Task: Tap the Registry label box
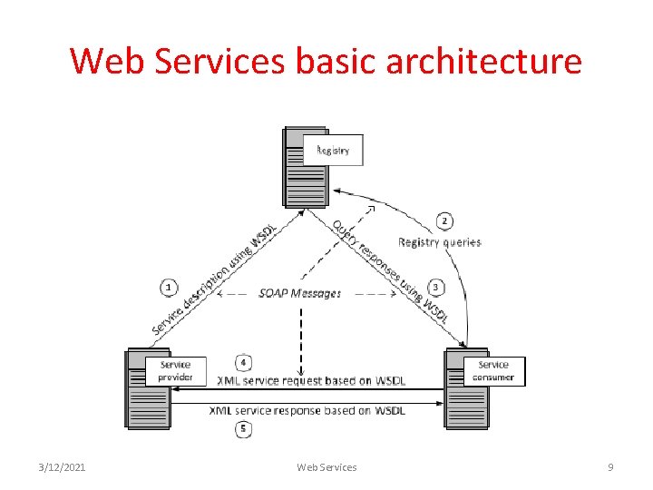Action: tap(333, 150)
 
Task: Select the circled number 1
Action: tap(169, 288)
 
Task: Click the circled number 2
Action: tap(444, 220)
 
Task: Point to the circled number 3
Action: tap(436, 288)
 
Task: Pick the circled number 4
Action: tap(243, 362)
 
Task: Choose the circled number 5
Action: tap(242, 428)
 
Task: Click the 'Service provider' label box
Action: tap(175, 370)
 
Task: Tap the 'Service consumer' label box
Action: tap(493, 371)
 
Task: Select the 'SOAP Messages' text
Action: tap(299, 293)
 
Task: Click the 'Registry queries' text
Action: tap(440, 242)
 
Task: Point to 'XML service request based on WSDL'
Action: tap(310, 380)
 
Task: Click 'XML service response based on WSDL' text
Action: tap(307, 411)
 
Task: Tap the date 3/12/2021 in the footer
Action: tap(63, 467)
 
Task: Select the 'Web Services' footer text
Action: tap(326, 467)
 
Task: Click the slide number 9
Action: tap(610, 467)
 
